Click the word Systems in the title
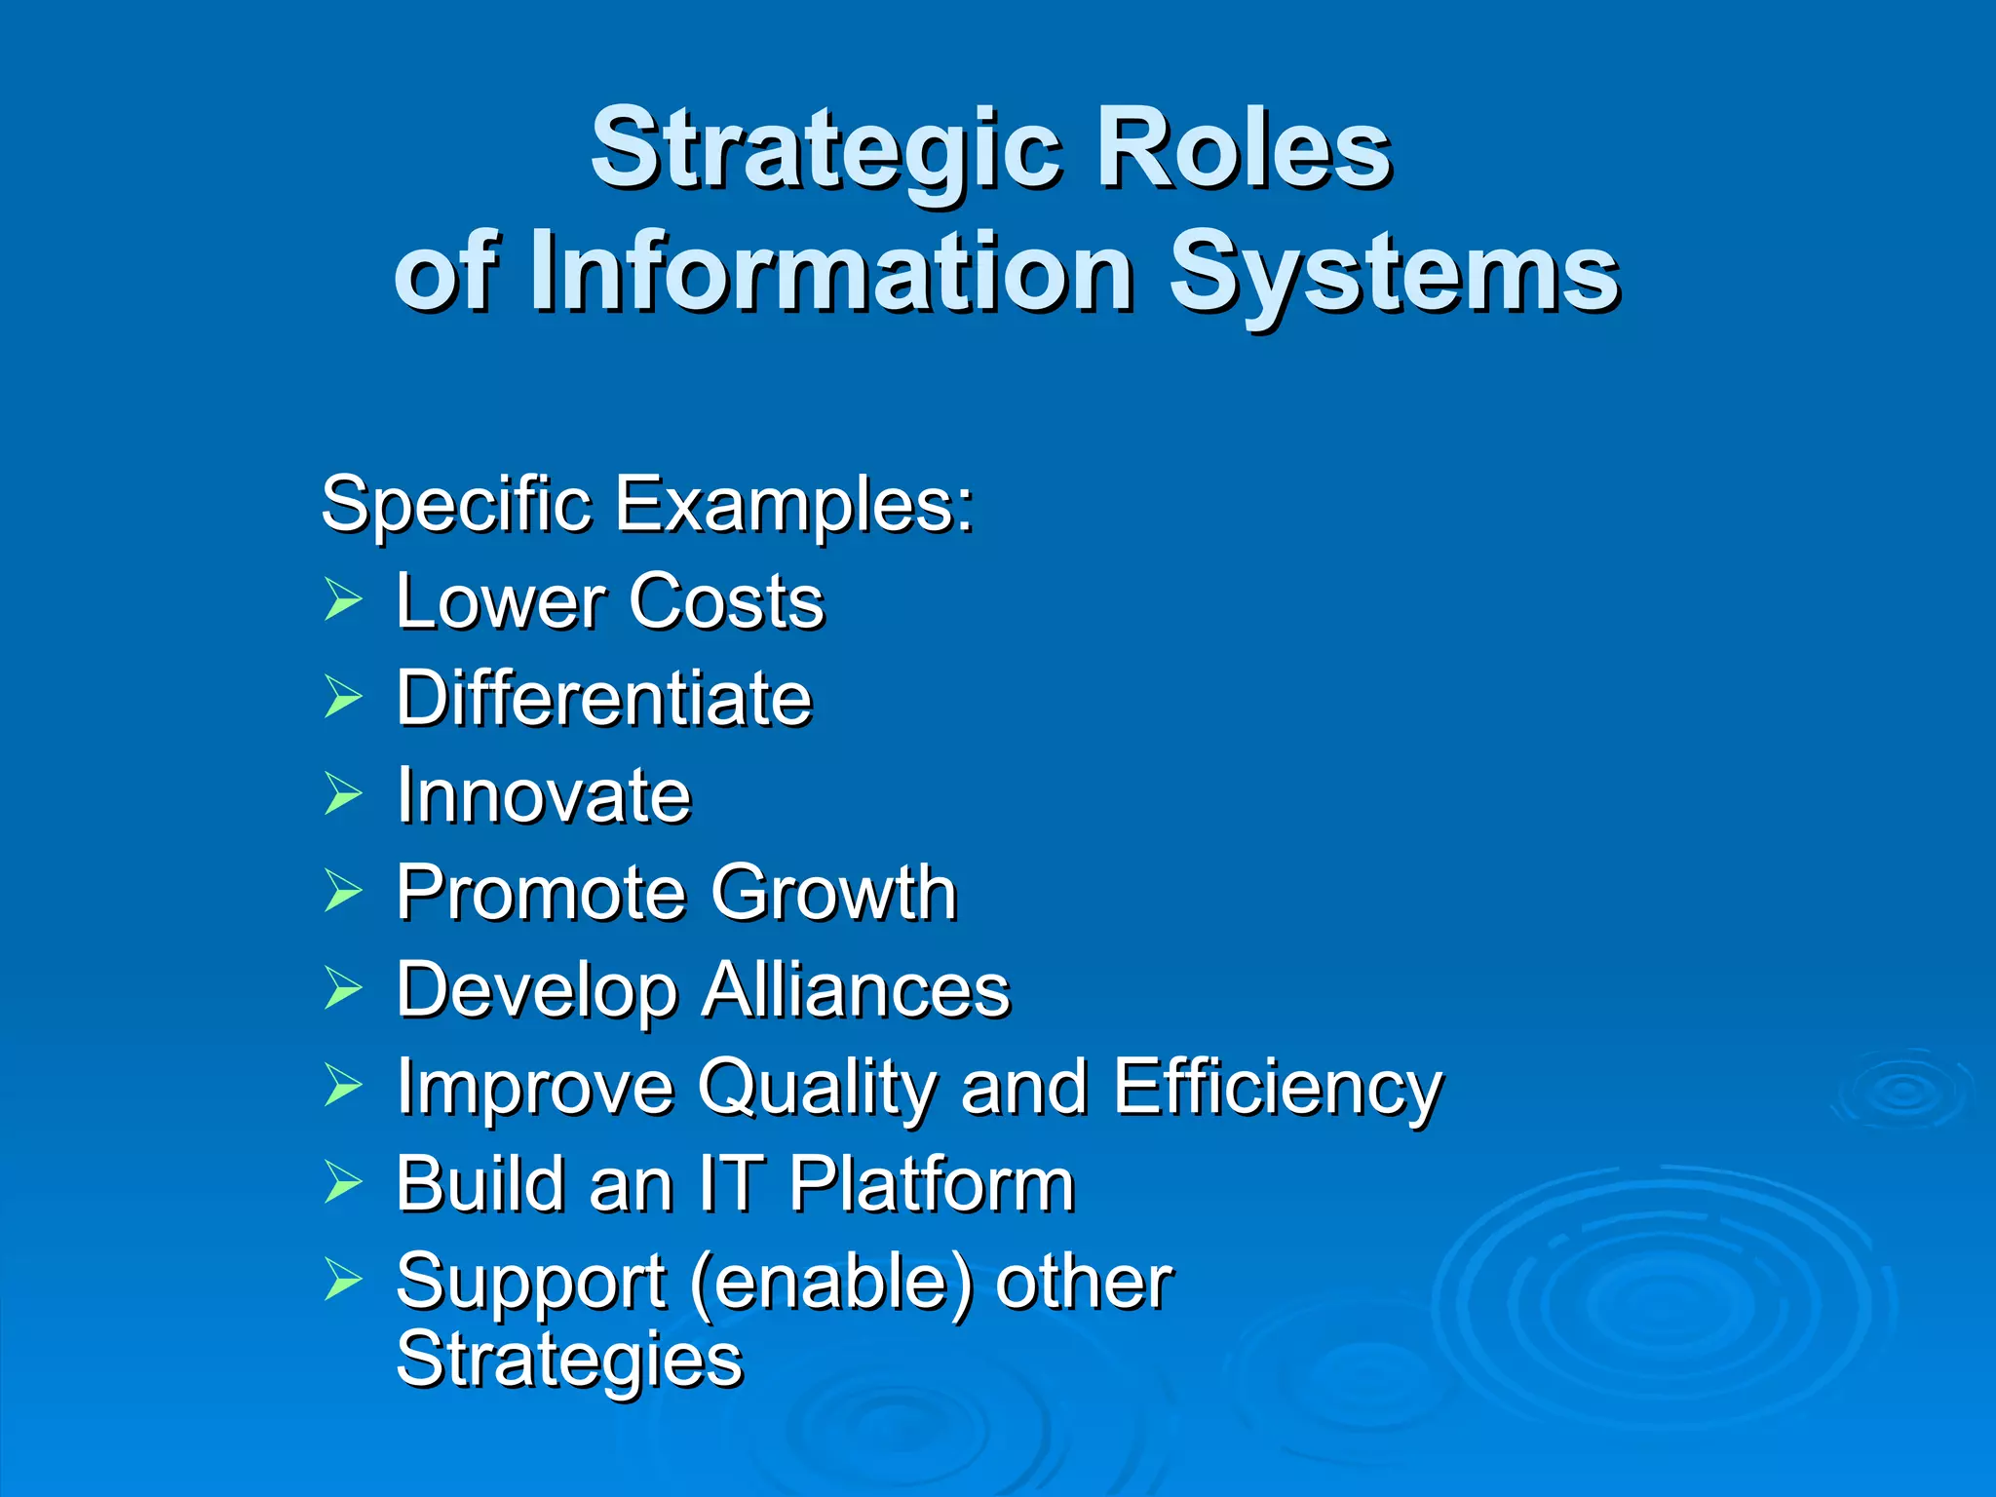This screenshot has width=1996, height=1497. coord(1394,276)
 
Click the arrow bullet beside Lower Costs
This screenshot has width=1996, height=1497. coord(343,598)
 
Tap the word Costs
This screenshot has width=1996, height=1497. coord(726,601)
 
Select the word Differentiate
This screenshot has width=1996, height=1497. coord(603,698)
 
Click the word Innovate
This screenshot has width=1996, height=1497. coord(544,795)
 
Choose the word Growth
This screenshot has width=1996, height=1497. coord(833,893)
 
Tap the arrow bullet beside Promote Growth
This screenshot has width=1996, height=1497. coord(343,890)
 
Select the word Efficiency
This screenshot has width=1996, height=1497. coord(1277,1089)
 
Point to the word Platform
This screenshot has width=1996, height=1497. coord(931,1184)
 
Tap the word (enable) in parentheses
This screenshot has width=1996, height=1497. coord(831,1284)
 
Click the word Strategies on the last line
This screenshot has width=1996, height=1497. coord(569,1361)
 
